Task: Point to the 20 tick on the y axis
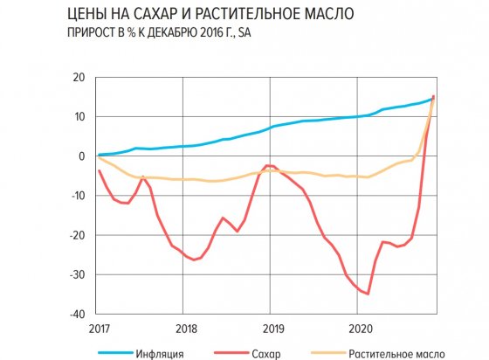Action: pyautogui.click(x=79, y=78)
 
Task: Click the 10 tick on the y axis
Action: pyautogui.click(x=79, y=117)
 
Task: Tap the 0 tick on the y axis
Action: pyautogui.click(x=81, y=156)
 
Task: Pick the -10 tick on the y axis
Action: pyautogui.click(x=77, y=196)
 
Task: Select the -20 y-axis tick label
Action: pyautogui.click(x=77, y=235)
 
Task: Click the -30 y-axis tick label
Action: pyautogui.click(x=77, y=274)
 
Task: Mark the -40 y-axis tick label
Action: pyautogui.click(x=77, y=314)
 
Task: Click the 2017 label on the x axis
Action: pyautogui.click(x=97, y=330)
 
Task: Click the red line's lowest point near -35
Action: pyautogui.click(x=368, y=294)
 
